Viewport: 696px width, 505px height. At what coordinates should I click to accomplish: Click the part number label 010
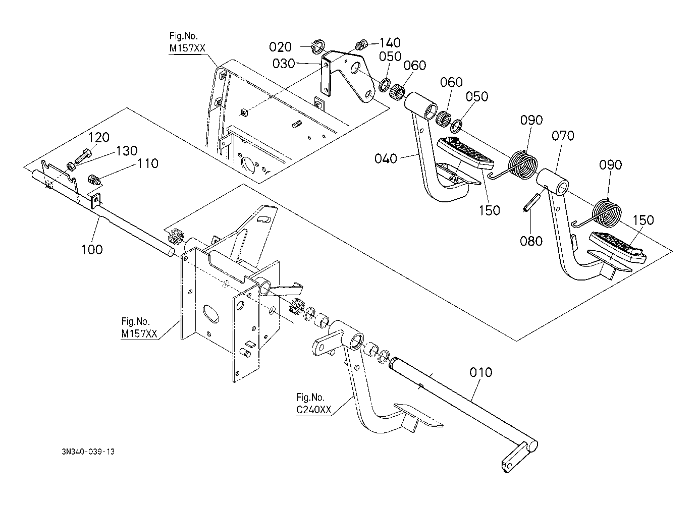(x=480, y=372)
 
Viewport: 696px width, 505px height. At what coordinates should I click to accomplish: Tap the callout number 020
(x=280, y=47)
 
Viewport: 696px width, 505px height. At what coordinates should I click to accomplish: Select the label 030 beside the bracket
(x=283, y=64)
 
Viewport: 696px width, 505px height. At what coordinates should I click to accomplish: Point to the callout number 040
(x=386, y=159)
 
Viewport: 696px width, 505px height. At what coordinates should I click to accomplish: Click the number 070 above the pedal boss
(x=563, y=136)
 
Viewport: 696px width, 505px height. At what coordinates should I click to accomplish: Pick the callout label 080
(x=531, y=241)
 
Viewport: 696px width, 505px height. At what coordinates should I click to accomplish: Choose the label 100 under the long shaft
(x=92, y=249)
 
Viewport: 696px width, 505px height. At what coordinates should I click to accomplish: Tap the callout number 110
(x=148, y=163)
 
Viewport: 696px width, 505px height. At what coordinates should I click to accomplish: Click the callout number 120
(x=99, y=137)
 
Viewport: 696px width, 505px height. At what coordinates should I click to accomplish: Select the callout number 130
(x=127, y=151)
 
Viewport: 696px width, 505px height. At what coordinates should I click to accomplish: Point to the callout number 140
(x=390, y=42)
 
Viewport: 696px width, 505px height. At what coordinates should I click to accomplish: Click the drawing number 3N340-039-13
(x=88, y=452)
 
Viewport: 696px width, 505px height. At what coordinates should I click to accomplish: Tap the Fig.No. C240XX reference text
(x=313, y=404)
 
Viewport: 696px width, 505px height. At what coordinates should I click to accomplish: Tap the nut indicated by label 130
(x=70, y=166)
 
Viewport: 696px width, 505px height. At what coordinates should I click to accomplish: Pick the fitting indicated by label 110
(x=94, y=179)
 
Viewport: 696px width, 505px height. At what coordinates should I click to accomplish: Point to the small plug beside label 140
(x=362, y=44)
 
